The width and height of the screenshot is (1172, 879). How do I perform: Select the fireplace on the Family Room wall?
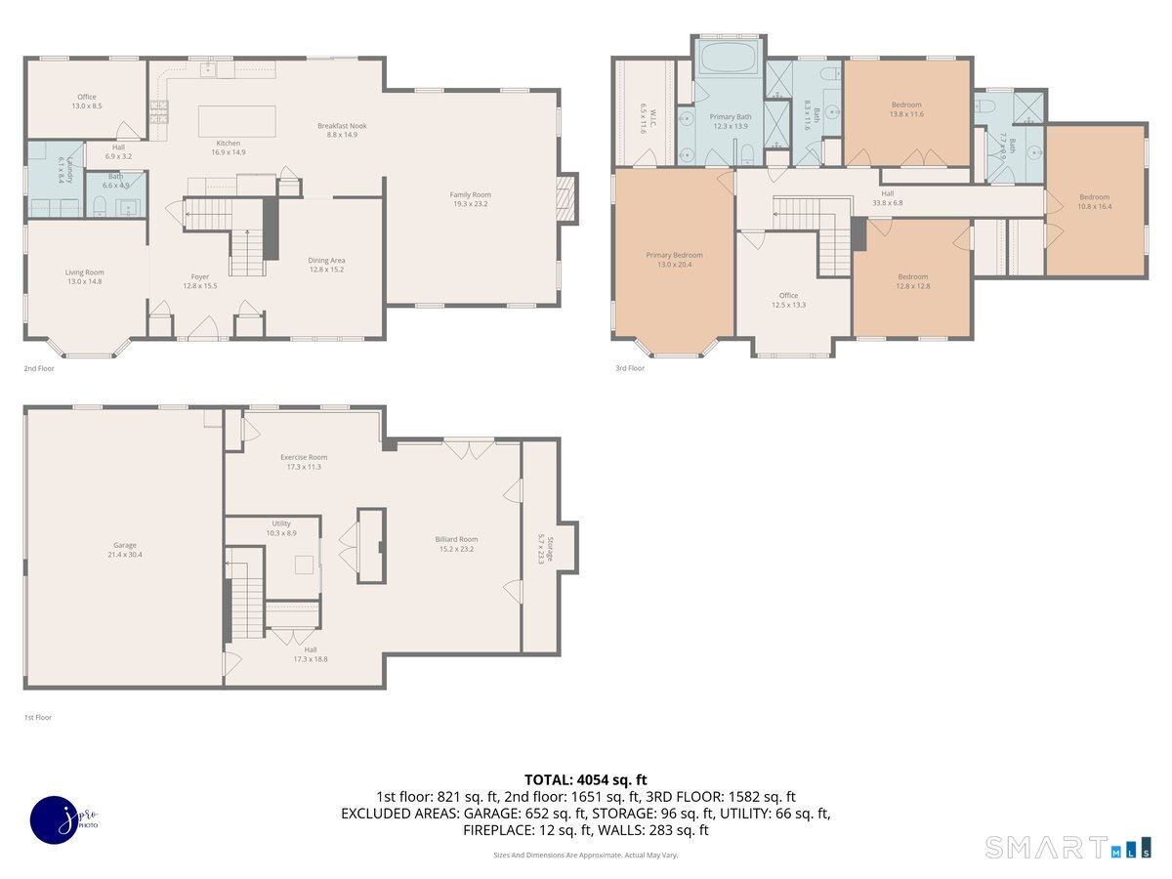567,198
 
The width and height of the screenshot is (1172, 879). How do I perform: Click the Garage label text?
124,545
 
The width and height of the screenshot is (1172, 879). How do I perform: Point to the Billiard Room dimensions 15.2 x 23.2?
456,550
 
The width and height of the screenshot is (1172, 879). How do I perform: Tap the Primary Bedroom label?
674,255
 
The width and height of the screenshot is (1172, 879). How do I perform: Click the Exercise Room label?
304,456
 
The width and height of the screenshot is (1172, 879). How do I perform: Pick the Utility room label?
281,523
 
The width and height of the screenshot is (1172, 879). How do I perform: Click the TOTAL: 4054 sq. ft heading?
586,779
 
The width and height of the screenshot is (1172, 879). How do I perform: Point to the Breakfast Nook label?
342,126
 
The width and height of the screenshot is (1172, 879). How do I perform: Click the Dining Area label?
326,260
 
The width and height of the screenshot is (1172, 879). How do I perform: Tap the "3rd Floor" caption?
630,368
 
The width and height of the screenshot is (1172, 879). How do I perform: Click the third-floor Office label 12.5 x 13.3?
788,295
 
